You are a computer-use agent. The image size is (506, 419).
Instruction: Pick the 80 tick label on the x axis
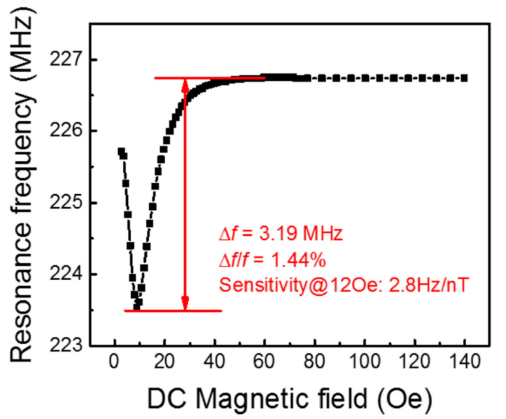[x=313, y=361]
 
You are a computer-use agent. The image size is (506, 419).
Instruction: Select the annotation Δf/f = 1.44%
[x=271, y=261]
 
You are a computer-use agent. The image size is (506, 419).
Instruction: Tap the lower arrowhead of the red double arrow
[x=185, y=304]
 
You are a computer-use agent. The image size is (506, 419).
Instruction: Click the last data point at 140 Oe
[x=465, y=78]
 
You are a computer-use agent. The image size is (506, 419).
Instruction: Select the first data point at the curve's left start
[x=121, y=151]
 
